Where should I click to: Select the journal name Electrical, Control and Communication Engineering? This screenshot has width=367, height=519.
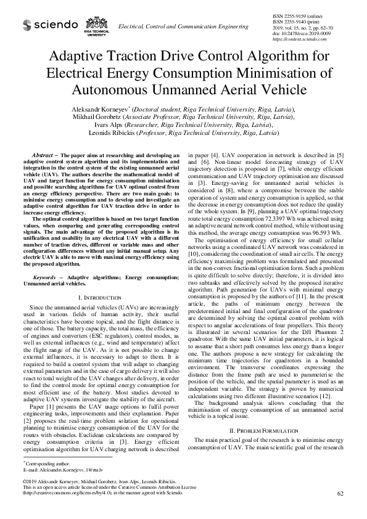coord(183,27)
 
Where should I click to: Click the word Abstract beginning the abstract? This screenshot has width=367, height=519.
coord(43,154)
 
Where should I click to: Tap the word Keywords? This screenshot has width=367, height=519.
coord(45,278)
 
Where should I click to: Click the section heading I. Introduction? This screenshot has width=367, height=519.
coord(101,297)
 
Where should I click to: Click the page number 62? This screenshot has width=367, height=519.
coord(340,494)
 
